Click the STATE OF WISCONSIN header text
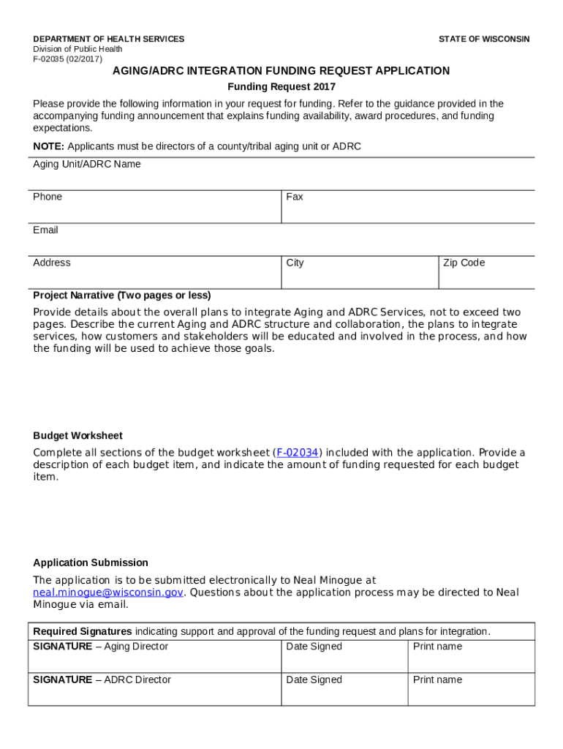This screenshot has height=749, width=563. (483, 39)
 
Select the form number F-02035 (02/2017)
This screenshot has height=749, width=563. (67, 59)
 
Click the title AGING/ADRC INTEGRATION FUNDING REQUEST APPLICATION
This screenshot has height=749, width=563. (281, 71)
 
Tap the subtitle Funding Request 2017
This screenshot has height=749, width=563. (281, 87)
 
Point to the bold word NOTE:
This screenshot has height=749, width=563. (48, 146)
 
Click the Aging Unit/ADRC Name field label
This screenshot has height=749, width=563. (86, 165)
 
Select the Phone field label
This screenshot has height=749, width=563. (48, 197)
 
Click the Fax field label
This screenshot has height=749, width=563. (295, 197)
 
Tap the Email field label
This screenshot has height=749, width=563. (45, 230)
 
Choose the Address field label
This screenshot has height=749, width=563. (52, 263)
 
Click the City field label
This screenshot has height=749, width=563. (295, 263)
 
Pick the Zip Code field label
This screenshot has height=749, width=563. (464, 263)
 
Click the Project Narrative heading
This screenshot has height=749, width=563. (121, 296)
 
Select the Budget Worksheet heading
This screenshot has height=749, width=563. (78, 436)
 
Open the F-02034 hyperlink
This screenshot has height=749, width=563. (297, 453)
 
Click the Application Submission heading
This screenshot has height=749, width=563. (91, 562)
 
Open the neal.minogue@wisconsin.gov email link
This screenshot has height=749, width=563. (108, 592)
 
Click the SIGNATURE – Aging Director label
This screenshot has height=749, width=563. (100, 647)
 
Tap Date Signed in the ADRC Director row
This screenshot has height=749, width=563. (314, 680)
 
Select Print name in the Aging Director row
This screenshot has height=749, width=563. (437, 647)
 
